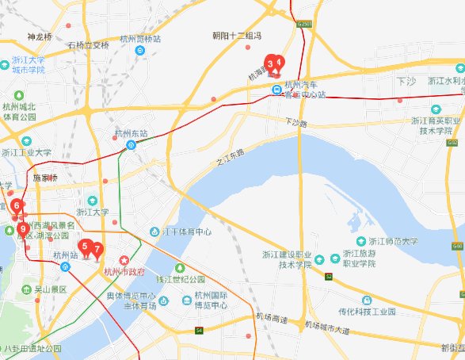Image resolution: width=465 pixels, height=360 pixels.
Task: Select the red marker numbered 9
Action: pyautogui.click(x=22, y=231)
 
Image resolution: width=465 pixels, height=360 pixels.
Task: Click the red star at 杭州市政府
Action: pyautogui.click(x=124, y=261)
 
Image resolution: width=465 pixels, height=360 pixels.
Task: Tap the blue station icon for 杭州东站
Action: pyautogui.click(x=131, y=145)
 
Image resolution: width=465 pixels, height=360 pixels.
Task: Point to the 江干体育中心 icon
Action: pyautogui.click(x=155, y=232)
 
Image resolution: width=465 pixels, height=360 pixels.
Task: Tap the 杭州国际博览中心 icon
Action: pyautogui.click(x=188, y=300)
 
